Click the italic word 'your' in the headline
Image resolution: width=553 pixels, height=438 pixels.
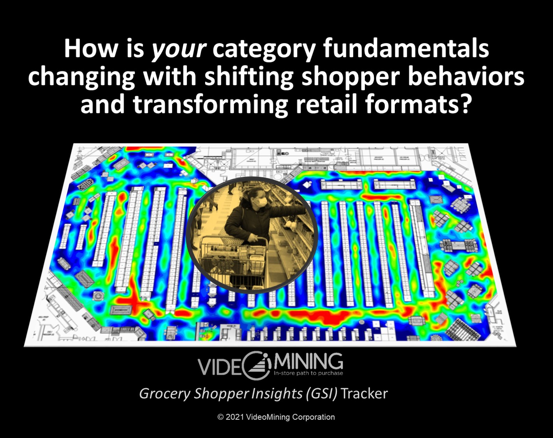coord(178,49)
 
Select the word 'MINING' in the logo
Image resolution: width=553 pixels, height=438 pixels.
coord(308,362)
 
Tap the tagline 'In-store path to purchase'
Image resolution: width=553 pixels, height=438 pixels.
coord(308,373)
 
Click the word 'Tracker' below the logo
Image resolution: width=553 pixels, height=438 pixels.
coord(364,394)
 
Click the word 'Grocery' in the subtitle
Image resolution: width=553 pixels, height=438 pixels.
coord(164,394)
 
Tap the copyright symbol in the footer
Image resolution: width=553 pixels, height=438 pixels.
coord(220,417)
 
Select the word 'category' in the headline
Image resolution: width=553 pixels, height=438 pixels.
coord(264,49)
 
